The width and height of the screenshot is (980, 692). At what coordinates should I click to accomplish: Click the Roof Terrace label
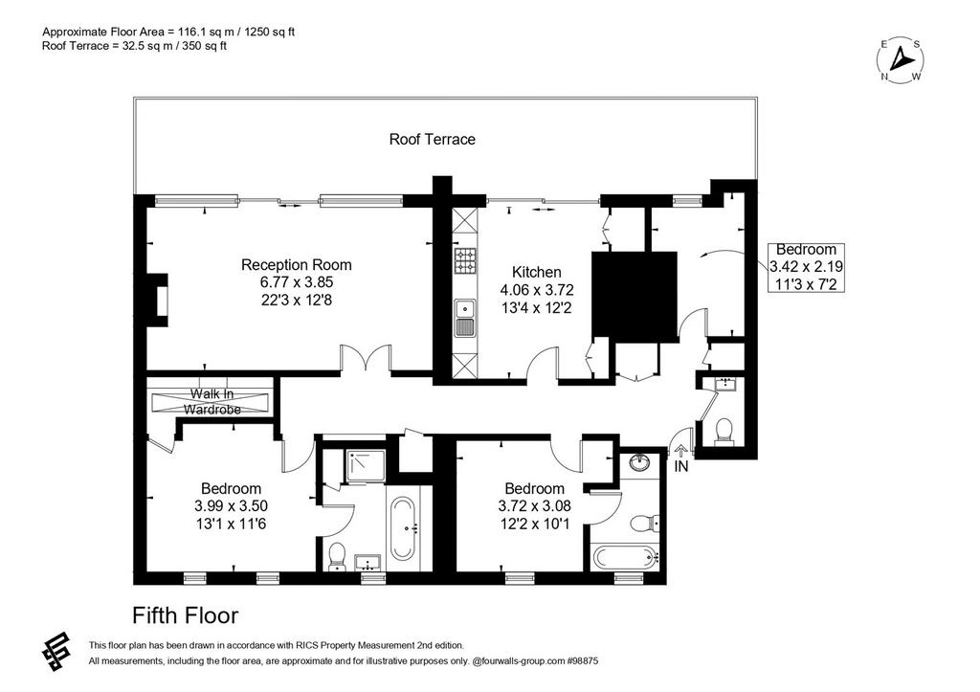(x=432, y=139)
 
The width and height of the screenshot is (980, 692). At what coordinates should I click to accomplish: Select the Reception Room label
(x=297, y=264)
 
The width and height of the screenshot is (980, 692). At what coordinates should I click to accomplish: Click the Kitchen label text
(x=536, y=272)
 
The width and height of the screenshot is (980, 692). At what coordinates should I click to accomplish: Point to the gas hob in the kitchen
(x=464, y=260)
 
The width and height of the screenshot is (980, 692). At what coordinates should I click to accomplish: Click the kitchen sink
(x=464, y=318)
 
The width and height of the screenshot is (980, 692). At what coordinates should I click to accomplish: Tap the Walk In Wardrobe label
(x=212, y=402)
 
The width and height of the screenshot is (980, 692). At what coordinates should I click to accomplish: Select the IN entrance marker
(x=680, y=466)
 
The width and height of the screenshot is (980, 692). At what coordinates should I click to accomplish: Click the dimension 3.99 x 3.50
(x=232, y=505)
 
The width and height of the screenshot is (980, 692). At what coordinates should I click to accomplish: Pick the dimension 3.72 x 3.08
(x=534, y=505)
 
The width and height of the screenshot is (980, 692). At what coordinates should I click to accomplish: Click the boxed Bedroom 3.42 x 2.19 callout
(x=806, y=267)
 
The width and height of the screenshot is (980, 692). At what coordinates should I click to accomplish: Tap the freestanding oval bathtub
(x=403, y=528)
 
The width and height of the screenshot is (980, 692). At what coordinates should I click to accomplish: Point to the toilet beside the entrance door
(x=724, y=432)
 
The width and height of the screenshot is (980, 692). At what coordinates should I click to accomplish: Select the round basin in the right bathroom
(x=639, y=463)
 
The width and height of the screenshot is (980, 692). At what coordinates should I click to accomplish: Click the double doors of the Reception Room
(x=367, y=360)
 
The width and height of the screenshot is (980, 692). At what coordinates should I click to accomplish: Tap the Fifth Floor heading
(x=185, y=615)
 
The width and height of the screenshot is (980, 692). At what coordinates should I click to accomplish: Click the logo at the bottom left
(x=56, y=651)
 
